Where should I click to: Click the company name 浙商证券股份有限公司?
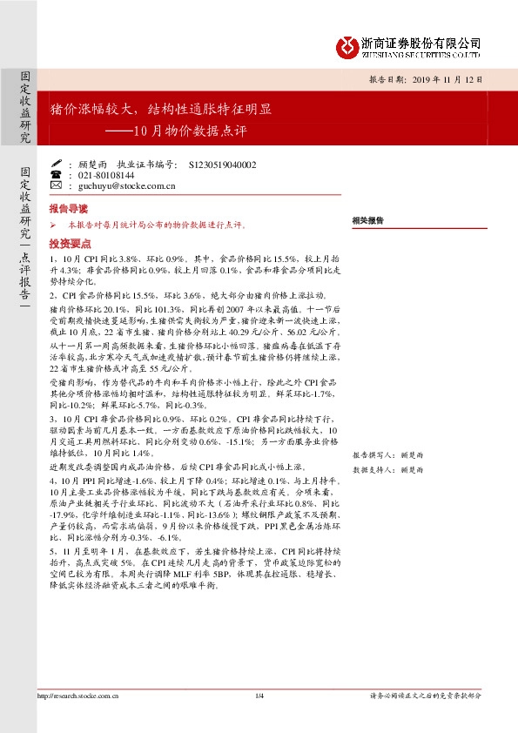(420, 42)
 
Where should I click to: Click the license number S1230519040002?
(222, 164)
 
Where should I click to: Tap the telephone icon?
(57, 174)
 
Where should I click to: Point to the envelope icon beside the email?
(57, 185)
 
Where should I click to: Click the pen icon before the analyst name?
(57, 163)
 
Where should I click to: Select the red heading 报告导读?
(69, 210)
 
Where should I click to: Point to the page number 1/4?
(259, 719)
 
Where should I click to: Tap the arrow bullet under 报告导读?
(53, 225)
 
